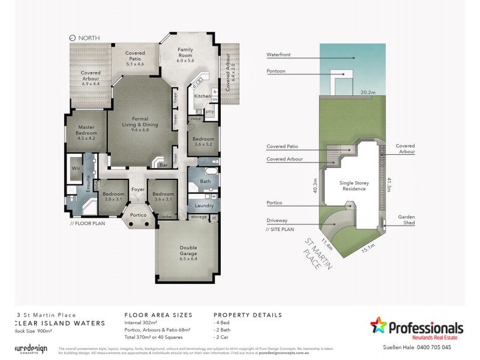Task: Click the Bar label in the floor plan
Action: pyautogui.click(x=162, y=164)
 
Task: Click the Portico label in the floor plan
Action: pyautogui.click(x=137, y=214)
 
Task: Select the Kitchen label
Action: pyautogui.click(x=202, y=96)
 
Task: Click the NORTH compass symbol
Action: pyautogui.click(x=73, y=38)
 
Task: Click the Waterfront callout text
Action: pyautogui.click(x=278, y=55)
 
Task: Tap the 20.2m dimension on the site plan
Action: pyautogui.click(x=368, y=92)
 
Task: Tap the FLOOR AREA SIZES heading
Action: pyautogui.click(x=158, y=314)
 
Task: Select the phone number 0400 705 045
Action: pyautogui.click(x=442, y=347)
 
